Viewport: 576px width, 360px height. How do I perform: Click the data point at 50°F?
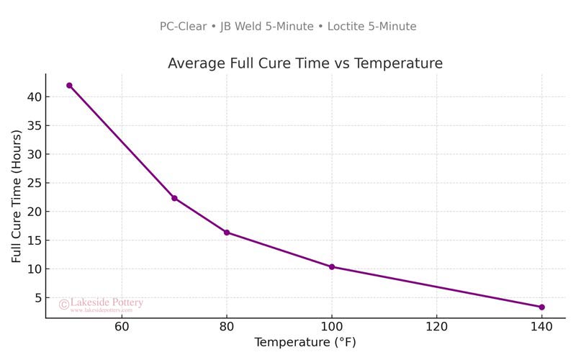coord(69,85)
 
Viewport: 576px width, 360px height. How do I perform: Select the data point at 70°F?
coord(174,198)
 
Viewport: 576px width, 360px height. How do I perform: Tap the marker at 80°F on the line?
coord(227,233)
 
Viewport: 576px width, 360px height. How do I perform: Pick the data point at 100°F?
coord(332,266)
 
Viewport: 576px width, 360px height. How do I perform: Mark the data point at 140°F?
coord(541,307)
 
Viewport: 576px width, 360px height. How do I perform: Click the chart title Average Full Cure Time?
coord(305,63)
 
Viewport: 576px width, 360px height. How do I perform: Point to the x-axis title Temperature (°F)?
coord(305,342)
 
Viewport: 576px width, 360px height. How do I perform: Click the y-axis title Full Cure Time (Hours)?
coord(17,196)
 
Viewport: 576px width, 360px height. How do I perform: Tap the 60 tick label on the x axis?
coord(122,326)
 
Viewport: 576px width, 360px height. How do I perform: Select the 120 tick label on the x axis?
coord(436,326)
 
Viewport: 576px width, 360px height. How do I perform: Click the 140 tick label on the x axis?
coord(541,326)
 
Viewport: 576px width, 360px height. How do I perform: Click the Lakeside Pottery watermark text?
coord(107,303)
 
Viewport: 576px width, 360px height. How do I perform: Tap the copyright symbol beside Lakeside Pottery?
coord(63,305)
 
